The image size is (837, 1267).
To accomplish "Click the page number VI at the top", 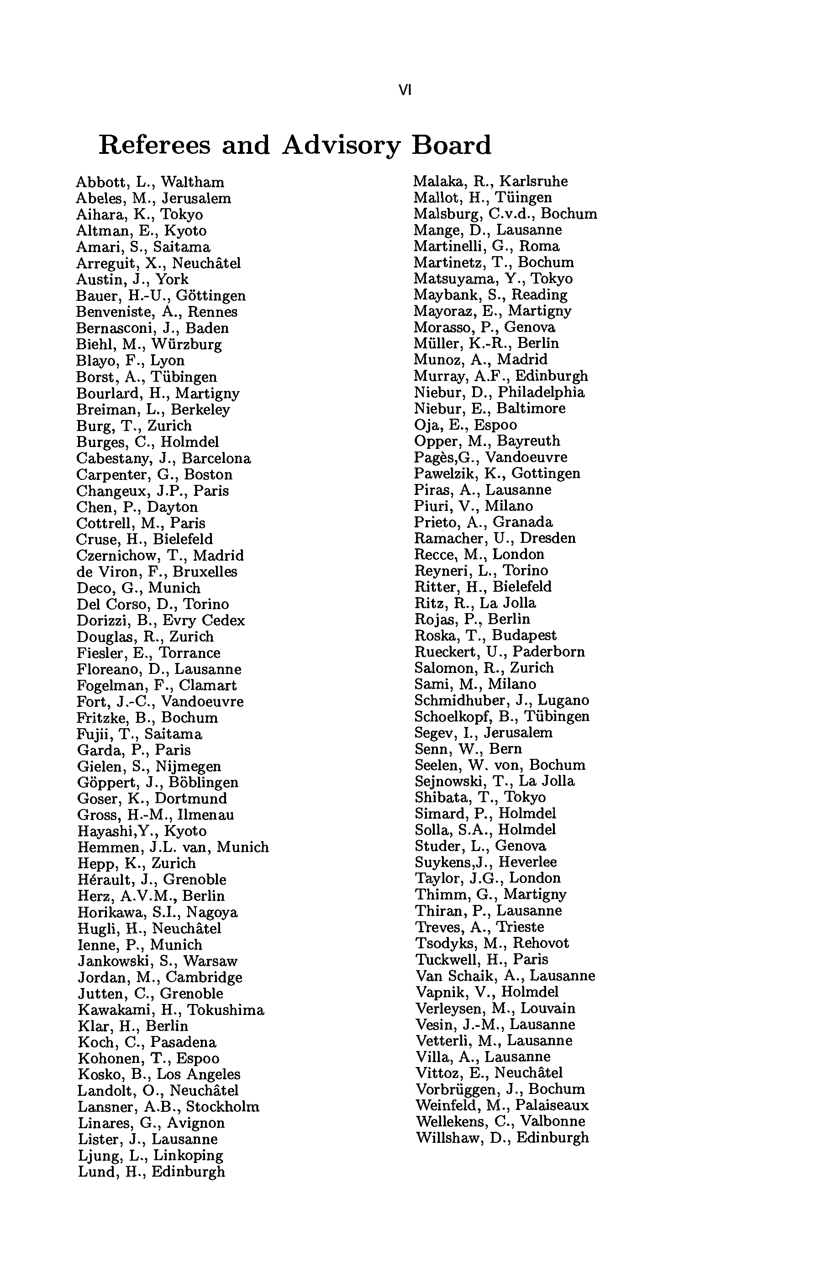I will pyautogui.click(x=405, y=91).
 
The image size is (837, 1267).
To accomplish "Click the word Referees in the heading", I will pyautogui.click(x=154, y=145).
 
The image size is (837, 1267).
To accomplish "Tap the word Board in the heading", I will pyautogui.click(x=451, y=145).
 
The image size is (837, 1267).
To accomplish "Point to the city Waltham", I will pyautogui.click(x=193, y=183).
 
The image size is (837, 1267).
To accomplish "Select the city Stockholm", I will pyautogui.click(x=222, y=1107).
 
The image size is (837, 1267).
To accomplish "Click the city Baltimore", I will pyautogui.click(x=531, y=408).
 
